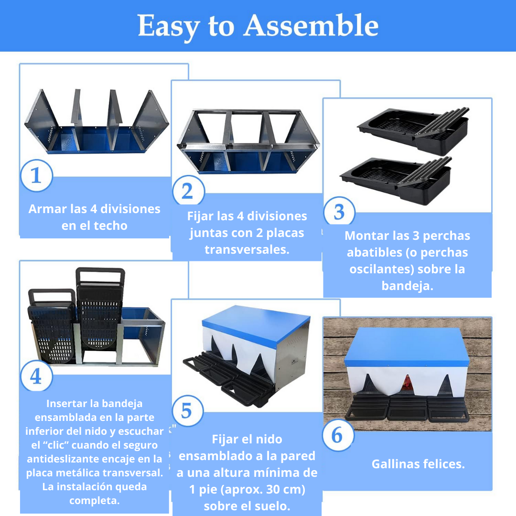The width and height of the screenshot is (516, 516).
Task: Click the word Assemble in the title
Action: coord(311,26)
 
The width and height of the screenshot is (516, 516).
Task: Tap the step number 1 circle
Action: coord(36,175)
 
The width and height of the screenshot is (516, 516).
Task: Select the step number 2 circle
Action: coord(188,191)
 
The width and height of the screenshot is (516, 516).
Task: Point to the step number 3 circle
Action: coord(339,212)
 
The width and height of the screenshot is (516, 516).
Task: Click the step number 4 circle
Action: coord(36,376)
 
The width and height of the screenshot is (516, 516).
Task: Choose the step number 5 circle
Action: coord(188,411)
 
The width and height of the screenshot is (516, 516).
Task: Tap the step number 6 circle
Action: coord(338,435)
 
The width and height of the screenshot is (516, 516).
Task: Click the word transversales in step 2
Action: coord(247,249)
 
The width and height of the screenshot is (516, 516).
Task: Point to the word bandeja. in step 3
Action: coord(408,286)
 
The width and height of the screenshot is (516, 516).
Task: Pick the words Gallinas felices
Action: coord(418,464)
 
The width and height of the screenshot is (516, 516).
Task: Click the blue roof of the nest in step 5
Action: coord(256,325)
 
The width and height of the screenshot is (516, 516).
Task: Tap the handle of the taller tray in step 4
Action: coord(100,275)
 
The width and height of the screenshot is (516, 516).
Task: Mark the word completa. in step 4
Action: coord(95,500)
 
